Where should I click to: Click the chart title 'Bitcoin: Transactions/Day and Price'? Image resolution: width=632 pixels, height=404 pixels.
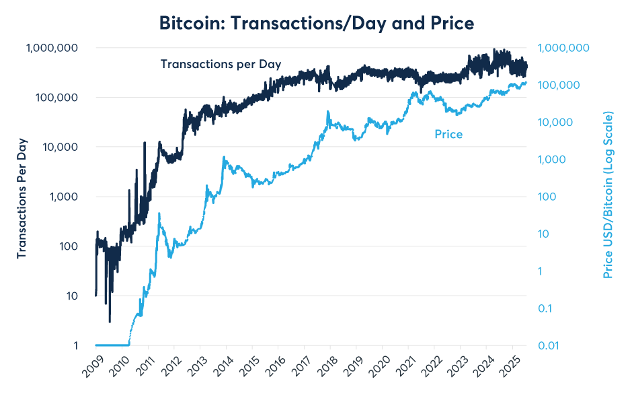tap(316, 23)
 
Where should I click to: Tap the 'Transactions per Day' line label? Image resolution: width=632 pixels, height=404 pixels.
tap(221, 64)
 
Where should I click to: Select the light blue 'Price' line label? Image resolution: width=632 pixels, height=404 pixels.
tap(448, 135)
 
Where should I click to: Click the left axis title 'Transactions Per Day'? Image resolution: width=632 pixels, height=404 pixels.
tap(22, 197)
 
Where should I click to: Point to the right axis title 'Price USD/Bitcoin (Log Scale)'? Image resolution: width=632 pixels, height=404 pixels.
tap(608, 196)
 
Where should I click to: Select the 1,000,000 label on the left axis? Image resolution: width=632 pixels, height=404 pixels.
tap(52, 48)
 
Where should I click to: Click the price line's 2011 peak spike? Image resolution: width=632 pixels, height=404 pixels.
tap(159, 214)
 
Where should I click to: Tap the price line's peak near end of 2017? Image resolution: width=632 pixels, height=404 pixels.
tap(327, 112)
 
